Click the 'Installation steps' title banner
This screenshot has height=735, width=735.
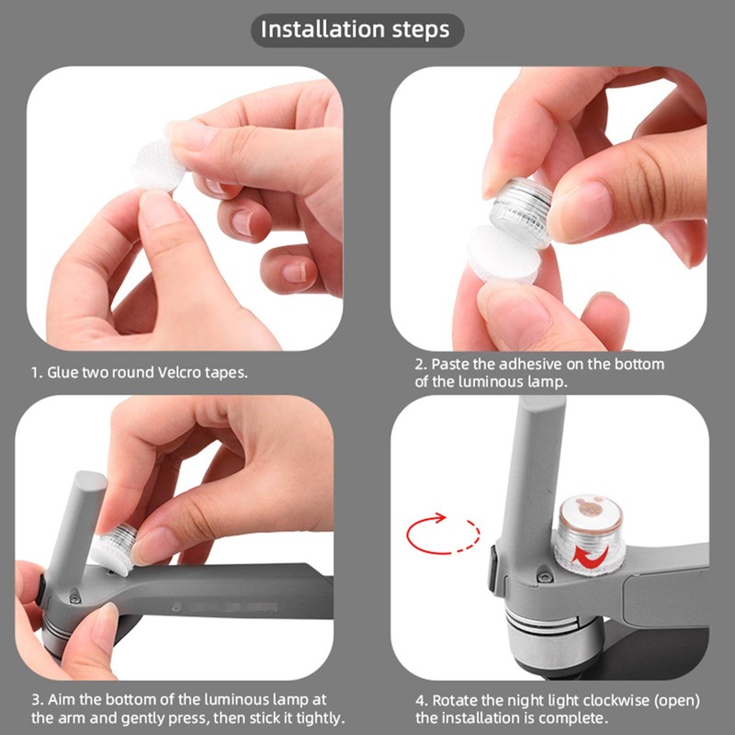[357, 30]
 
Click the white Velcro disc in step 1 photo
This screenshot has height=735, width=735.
[157, 165]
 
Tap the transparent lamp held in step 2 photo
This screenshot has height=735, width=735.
[521, 207]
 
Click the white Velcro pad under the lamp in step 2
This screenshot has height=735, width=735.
[503, 254]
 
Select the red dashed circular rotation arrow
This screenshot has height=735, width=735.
[443, 535]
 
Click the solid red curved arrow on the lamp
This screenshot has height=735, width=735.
[591, 556]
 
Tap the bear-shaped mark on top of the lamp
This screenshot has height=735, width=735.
[590, 507]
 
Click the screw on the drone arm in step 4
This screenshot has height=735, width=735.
[544, 577]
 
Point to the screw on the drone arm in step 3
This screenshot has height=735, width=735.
[74, 599]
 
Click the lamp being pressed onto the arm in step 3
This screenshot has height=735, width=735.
[116, 547]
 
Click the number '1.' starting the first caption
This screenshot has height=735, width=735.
[37, 373]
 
